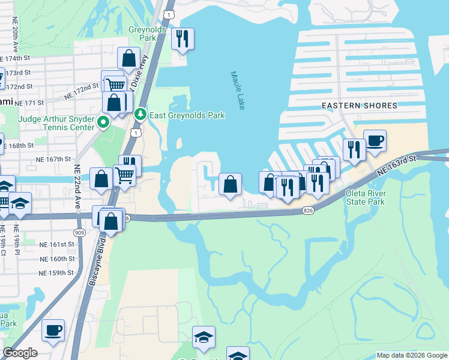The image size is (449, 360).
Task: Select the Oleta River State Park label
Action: [x=366, y=197]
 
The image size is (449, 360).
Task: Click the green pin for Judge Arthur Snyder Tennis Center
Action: [x=103, y=123]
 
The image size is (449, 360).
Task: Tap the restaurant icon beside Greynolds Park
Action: [x=182, y=39]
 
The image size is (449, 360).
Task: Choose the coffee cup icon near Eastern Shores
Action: [x=375, y=141]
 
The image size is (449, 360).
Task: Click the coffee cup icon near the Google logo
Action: [x=53, y=330]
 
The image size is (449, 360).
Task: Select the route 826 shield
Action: [x=308, y=210]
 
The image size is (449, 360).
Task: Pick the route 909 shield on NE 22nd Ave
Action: [x=80, y=232]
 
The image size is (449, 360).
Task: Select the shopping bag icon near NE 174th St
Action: [x=128, y=58]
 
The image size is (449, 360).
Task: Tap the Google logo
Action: [x=20, y=353]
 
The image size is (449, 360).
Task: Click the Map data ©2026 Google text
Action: [x=411, y=355]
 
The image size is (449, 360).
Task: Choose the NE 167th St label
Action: [x=53, y=160]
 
